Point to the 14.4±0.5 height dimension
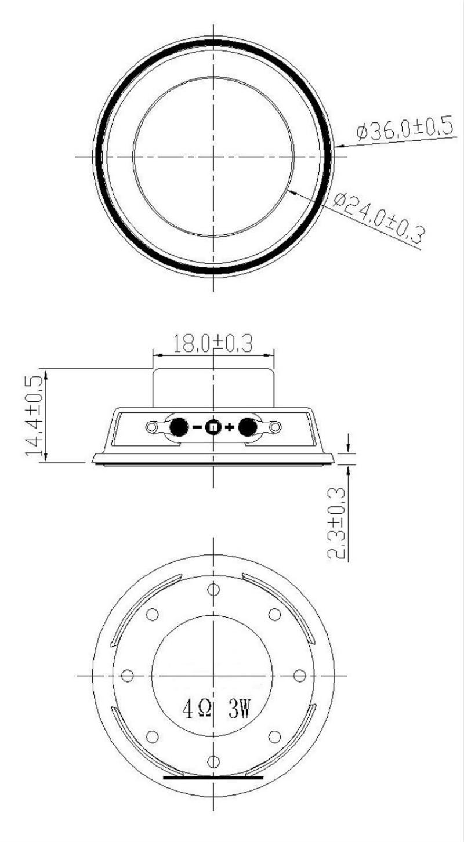coord(35,415)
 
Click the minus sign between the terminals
coord(197,428)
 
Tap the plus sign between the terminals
coord(230,428)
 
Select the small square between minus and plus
coord(213,428)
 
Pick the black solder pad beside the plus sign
coord(248,427)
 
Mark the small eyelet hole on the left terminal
coord(153,427)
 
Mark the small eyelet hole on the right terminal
coord(275,427)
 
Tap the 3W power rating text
coord(238,710)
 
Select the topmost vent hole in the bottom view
coord(214,589)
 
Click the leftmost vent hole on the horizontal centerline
coord(128,676)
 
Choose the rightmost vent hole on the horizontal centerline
coord(300,676)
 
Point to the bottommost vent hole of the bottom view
coord(214,761)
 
